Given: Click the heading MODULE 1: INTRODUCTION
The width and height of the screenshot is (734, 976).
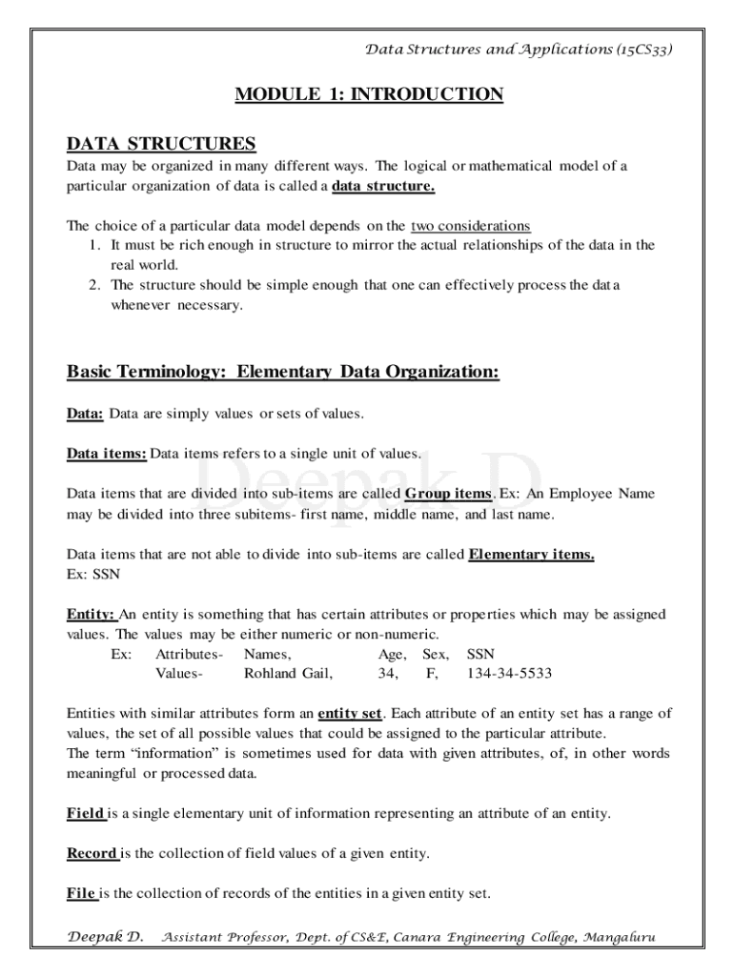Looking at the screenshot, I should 368,94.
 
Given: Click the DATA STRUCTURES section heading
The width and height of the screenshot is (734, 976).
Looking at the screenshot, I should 161,144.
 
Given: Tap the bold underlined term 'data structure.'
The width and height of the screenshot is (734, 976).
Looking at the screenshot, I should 383,186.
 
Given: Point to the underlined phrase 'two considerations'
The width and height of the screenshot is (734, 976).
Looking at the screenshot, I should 470,226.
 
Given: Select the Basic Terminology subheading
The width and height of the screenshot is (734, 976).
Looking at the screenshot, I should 282,372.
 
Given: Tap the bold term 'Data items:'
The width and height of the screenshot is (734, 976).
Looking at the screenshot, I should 106,454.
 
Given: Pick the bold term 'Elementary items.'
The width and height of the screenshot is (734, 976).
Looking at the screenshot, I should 531,555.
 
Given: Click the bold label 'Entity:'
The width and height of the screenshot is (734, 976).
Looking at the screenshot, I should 91,615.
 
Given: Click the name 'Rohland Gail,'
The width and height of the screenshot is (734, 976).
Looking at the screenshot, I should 289,674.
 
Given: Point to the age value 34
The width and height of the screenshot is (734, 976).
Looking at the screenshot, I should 388,674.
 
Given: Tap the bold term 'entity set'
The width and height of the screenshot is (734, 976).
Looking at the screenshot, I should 349,713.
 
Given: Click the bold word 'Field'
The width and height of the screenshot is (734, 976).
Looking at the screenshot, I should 85,813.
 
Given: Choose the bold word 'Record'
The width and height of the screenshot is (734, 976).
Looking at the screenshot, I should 92,853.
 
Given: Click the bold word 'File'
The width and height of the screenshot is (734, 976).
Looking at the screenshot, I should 81,893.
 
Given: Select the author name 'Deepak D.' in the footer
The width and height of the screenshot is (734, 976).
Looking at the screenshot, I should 105,937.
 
